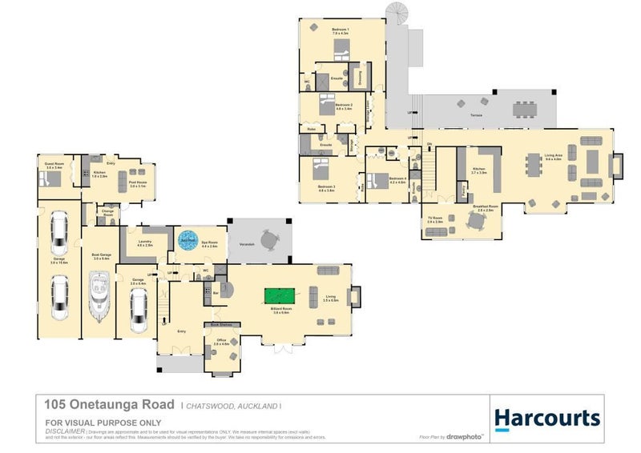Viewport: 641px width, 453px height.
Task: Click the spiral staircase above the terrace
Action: (397, 13)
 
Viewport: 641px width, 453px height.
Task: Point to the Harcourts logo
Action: (546, 419)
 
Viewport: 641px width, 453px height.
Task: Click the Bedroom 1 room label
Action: (341, 30)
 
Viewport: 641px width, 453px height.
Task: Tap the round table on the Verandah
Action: (267, 239)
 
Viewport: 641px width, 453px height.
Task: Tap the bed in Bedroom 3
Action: (318, 170)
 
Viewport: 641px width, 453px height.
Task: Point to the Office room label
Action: (220, 341)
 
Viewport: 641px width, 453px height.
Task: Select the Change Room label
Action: (108, 214)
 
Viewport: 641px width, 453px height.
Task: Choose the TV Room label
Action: (435, 220)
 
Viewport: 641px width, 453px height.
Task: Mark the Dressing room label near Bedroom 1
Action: (360, 77)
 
